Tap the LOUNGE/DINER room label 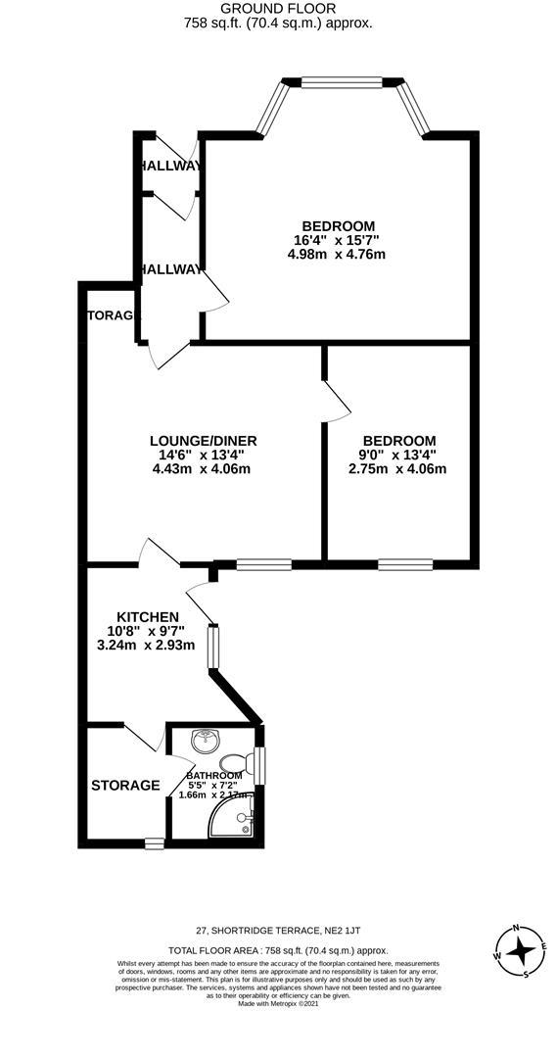(204, 441)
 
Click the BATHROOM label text (214, 775)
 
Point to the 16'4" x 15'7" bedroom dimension (336, 240)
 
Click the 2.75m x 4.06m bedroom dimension (397, 468)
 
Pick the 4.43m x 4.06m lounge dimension (203, 468)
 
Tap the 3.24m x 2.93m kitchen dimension (147, 645)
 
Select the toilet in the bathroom (236, 761)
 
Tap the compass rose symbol (521, 949)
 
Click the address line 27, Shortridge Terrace (284, 930)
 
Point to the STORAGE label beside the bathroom (125, 785)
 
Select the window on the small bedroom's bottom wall (405, 564)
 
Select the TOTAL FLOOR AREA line (279, 950)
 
